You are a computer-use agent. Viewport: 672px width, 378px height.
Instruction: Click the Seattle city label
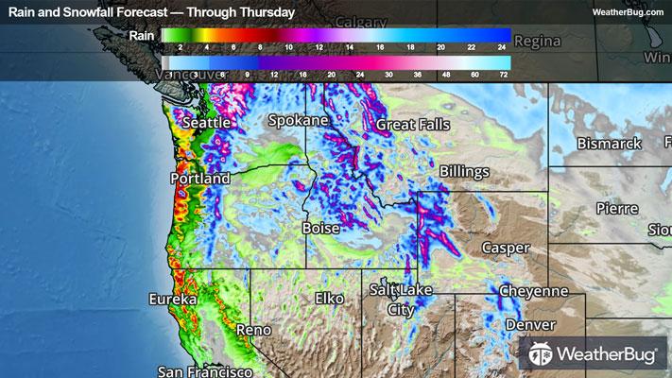[x=206, y=124]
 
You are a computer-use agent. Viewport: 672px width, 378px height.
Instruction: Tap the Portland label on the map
[x=199, y=179]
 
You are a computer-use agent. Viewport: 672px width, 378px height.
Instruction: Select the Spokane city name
[x=298, y=121]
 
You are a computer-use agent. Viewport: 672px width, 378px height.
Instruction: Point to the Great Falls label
[x=413, y=125]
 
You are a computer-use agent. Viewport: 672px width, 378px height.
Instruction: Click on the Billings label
[x=464, y=172]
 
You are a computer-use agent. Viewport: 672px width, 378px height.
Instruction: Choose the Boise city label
[x=319, y=229]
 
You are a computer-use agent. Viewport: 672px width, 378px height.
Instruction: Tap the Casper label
[x=506, y=248]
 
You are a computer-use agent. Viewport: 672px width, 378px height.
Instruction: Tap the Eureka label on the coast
[x=172, y=300]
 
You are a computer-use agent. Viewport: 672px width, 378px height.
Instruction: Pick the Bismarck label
[x=610, y=144]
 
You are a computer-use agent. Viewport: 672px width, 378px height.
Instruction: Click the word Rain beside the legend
[x=141, y=36]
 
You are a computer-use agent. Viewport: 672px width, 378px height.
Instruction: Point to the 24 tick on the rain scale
[x=503, y=46]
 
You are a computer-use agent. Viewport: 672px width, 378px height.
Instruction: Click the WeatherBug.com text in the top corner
[x=628, y=11]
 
